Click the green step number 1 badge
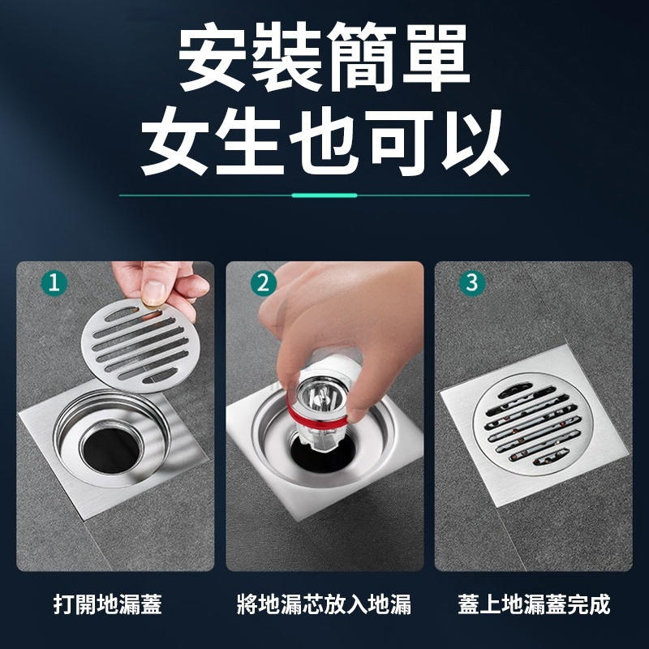click(54, 283)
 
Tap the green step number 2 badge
click(262, 283)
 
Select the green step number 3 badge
click(471, 283)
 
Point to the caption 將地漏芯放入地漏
click(324, 604)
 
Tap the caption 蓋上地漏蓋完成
click(533, 604)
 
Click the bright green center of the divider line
click(324, 196)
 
